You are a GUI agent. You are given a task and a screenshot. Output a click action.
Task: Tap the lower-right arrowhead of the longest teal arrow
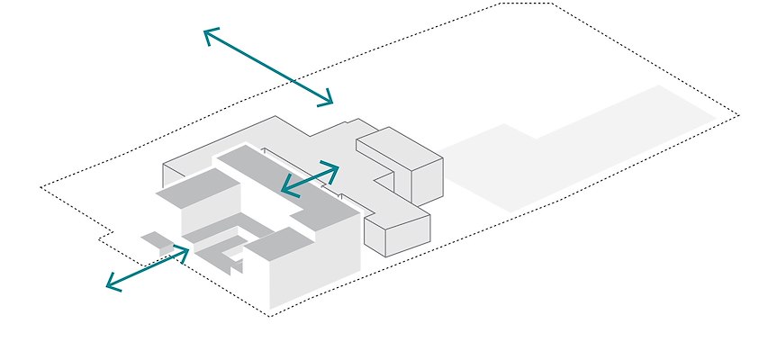(330, 101)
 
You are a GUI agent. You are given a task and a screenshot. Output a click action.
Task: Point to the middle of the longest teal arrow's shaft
(268, 67)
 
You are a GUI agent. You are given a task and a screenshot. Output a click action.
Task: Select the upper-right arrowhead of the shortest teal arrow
(336, 166)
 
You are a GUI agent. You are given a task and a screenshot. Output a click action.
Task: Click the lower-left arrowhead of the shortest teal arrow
(285, 189)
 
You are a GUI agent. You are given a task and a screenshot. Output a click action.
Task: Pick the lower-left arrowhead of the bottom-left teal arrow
(109, 285)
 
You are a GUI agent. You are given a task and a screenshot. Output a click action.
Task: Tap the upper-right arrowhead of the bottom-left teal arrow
(186, 250)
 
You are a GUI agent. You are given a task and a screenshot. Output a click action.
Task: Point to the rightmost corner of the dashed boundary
(738, 115)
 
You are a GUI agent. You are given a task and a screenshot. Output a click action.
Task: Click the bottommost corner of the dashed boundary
(269, 316)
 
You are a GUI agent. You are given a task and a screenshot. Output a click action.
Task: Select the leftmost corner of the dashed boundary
(41, 187)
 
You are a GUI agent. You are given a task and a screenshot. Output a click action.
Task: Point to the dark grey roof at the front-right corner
(279, 240)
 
